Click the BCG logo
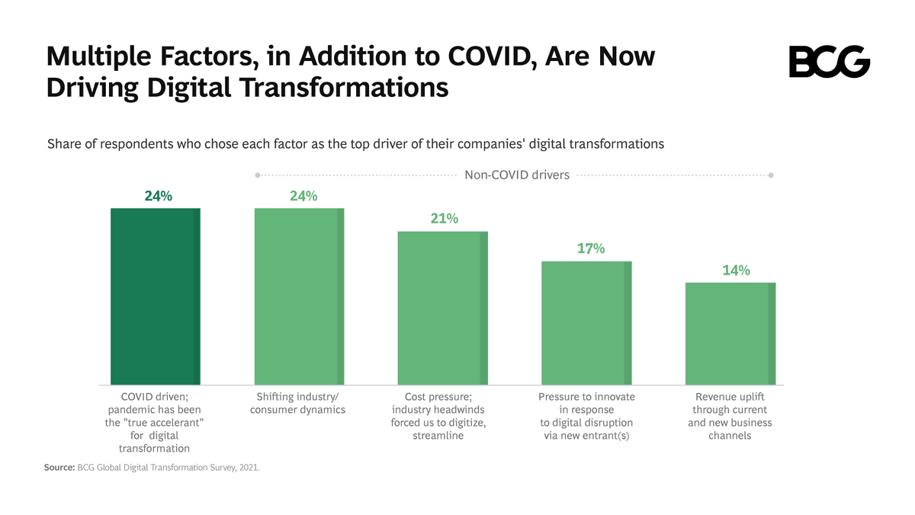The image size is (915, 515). point(829,62)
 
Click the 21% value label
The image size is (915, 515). point(443,219)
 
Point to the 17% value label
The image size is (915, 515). point(590,249)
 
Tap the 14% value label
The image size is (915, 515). point(736,270)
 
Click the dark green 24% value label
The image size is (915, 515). point(159,196)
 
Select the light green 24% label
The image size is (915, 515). point(303,196)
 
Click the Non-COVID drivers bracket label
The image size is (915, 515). point(517,175)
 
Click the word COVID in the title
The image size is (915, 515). point(483,56)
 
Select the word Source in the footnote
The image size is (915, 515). point(59,468)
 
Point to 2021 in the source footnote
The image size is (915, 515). point(248,468)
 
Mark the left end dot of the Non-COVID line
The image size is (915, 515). point(258,175)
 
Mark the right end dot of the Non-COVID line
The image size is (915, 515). point(771,175)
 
